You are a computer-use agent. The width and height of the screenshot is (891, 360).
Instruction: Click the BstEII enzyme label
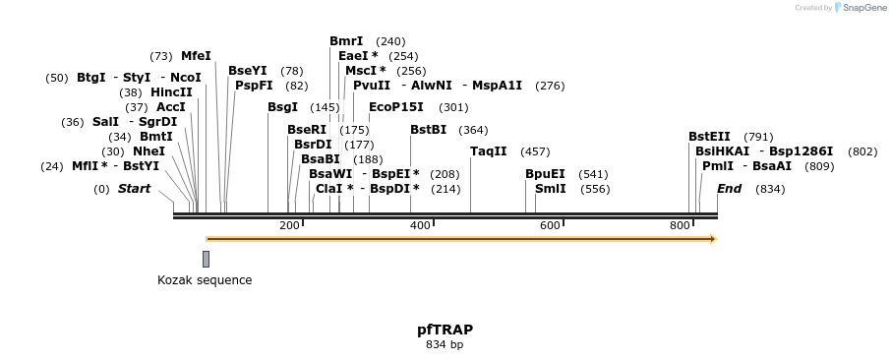click(709, 137)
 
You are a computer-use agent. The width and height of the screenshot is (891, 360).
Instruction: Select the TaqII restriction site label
click(488, 151)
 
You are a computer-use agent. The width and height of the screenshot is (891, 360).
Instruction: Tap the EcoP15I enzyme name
click(395, 107)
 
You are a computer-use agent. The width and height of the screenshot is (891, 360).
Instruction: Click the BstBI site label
click(428, 130)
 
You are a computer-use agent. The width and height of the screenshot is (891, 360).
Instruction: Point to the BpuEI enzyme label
click(545, 174)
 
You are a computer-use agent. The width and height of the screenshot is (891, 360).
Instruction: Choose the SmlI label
click(550, 189)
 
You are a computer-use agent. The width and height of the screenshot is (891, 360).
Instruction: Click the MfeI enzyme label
click(196, 56)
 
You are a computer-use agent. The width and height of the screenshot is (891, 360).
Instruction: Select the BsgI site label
click(282, 107)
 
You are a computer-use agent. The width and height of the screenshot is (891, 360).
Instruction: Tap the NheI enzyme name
click(148, 151)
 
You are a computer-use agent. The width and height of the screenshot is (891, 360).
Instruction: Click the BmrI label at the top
click(346, 41)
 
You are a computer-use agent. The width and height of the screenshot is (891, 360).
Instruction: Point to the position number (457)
click(535, 151)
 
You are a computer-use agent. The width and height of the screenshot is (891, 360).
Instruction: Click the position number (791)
click(758, 137)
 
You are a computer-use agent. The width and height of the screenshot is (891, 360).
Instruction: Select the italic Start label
click(134, 189)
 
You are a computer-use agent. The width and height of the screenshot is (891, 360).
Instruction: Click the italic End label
click(729, 189)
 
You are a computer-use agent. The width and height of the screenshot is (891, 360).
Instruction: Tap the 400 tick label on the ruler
click(420, 225)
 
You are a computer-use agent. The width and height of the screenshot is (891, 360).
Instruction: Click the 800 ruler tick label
click(680, 225)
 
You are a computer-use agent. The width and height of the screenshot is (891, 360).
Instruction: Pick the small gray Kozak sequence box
click(206, 259)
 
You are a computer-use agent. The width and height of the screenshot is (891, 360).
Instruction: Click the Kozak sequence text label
click(205, 280)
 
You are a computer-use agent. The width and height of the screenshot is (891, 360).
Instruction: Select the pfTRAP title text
click(445, 330)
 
